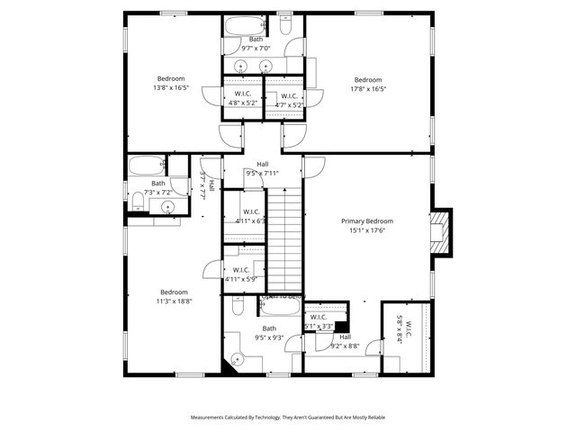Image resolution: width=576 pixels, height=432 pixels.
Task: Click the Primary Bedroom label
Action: pos(366,220)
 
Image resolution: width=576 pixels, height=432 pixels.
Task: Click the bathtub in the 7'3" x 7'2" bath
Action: pos(146,166)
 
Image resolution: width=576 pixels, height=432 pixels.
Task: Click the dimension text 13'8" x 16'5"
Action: pos(171,88)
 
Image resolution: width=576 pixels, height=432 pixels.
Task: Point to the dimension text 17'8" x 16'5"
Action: pos(367,88)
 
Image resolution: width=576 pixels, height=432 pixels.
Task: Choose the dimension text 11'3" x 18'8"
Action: pos(174,301)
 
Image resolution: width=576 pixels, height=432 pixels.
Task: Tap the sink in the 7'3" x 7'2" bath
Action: pos(167,207)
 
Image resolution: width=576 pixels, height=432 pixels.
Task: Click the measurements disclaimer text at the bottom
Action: pos(287,418)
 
